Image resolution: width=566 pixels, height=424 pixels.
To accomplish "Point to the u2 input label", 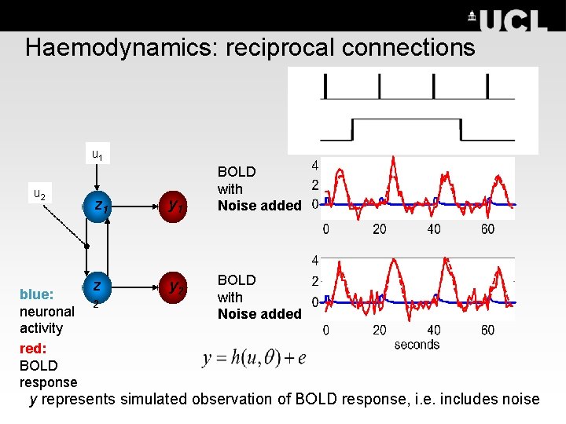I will [39, 194].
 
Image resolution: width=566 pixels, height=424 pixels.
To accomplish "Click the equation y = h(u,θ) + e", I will [255, 359].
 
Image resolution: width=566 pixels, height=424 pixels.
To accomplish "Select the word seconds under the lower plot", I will [417, 344].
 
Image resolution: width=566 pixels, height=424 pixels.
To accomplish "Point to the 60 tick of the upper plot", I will [487, 229].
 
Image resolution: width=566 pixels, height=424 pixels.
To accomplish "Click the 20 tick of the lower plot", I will [378, 331].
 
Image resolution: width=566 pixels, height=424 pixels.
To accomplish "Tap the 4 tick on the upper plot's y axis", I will [315, 166].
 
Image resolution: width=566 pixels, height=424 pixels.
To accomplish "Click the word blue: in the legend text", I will [37, 294].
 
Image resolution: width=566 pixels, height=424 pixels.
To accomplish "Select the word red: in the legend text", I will [32, 347].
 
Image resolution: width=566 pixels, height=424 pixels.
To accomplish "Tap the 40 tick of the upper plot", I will [433, 229].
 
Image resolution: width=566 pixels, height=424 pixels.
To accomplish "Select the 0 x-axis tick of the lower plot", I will [325, 331].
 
